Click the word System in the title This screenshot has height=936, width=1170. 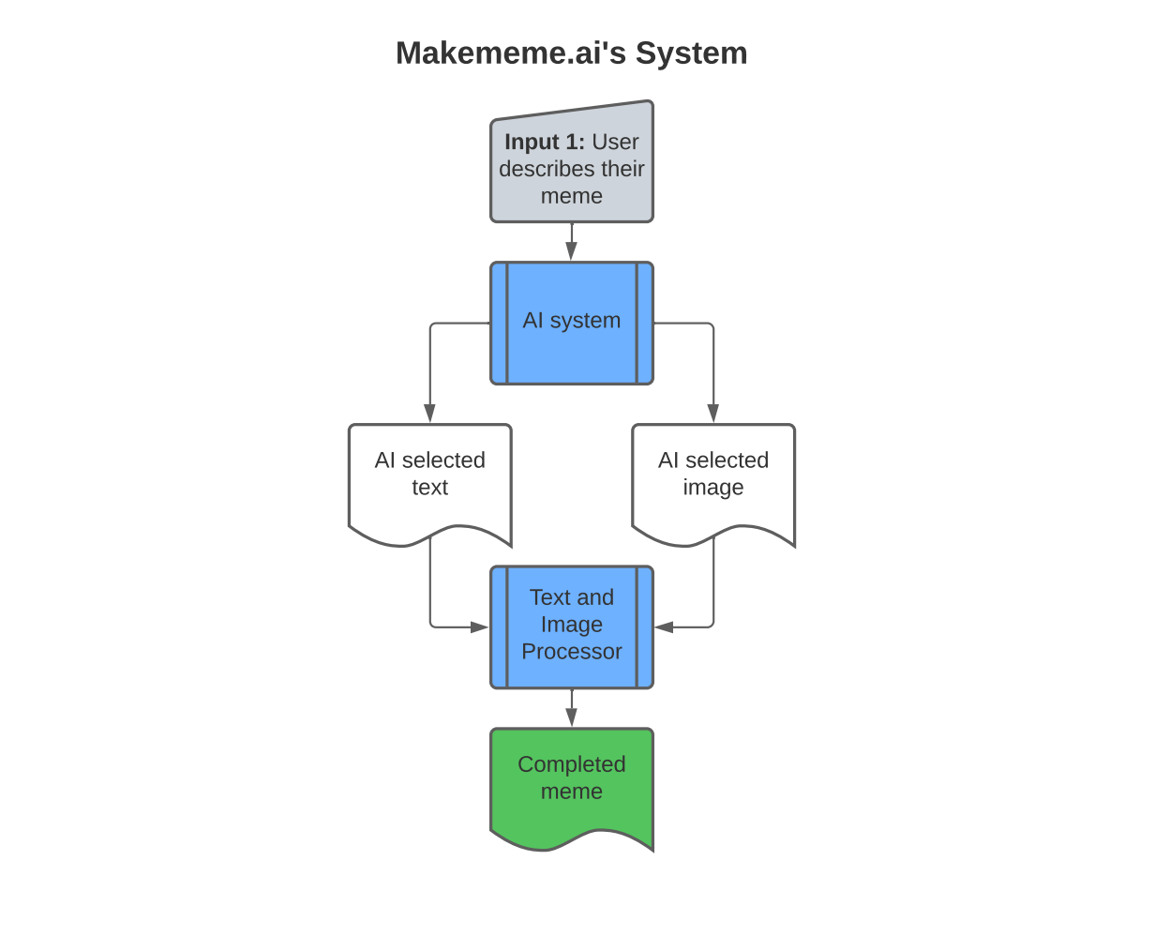coord(691,53)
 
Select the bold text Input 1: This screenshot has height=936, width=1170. coord(544,142)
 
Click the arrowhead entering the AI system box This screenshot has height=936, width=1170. coord(572,251)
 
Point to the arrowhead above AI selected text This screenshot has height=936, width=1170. coord(429,414)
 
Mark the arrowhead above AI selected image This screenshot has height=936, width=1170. coord(713,414)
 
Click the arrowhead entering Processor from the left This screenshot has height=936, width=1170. coord(479,627)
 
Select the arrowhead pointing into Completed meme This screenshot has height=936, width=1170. coord(572,717)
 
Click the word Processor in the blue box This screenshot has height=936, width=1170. coord(572,651)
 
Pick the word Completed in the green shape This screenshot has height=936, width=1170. coord(572,764)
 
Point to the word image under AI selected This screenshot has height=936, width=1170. coord(713,488)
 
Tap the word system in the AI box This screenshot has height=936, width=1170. coord(585,321)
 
